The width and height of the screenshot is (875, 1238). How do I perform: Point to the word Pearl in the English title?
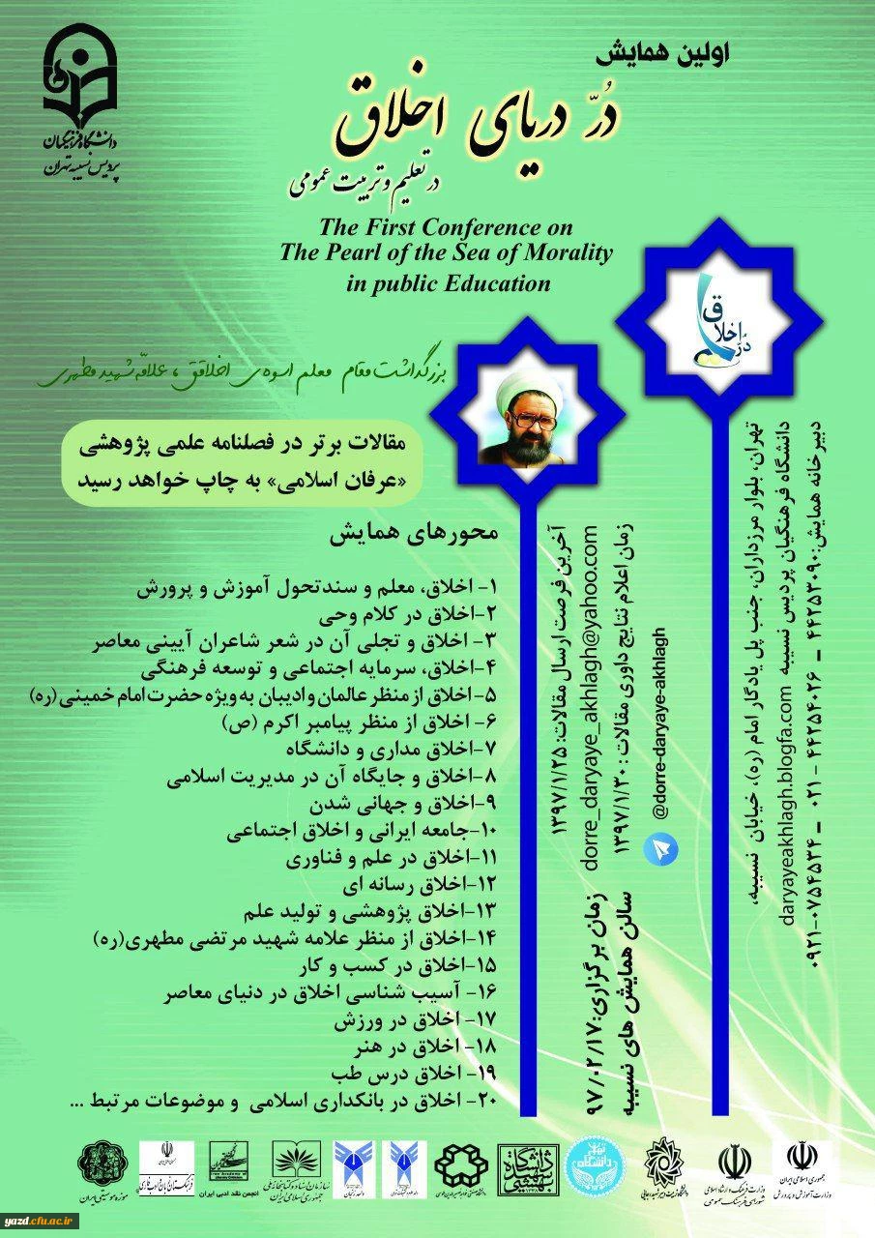pyautogui.click(x=357, y=254)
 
